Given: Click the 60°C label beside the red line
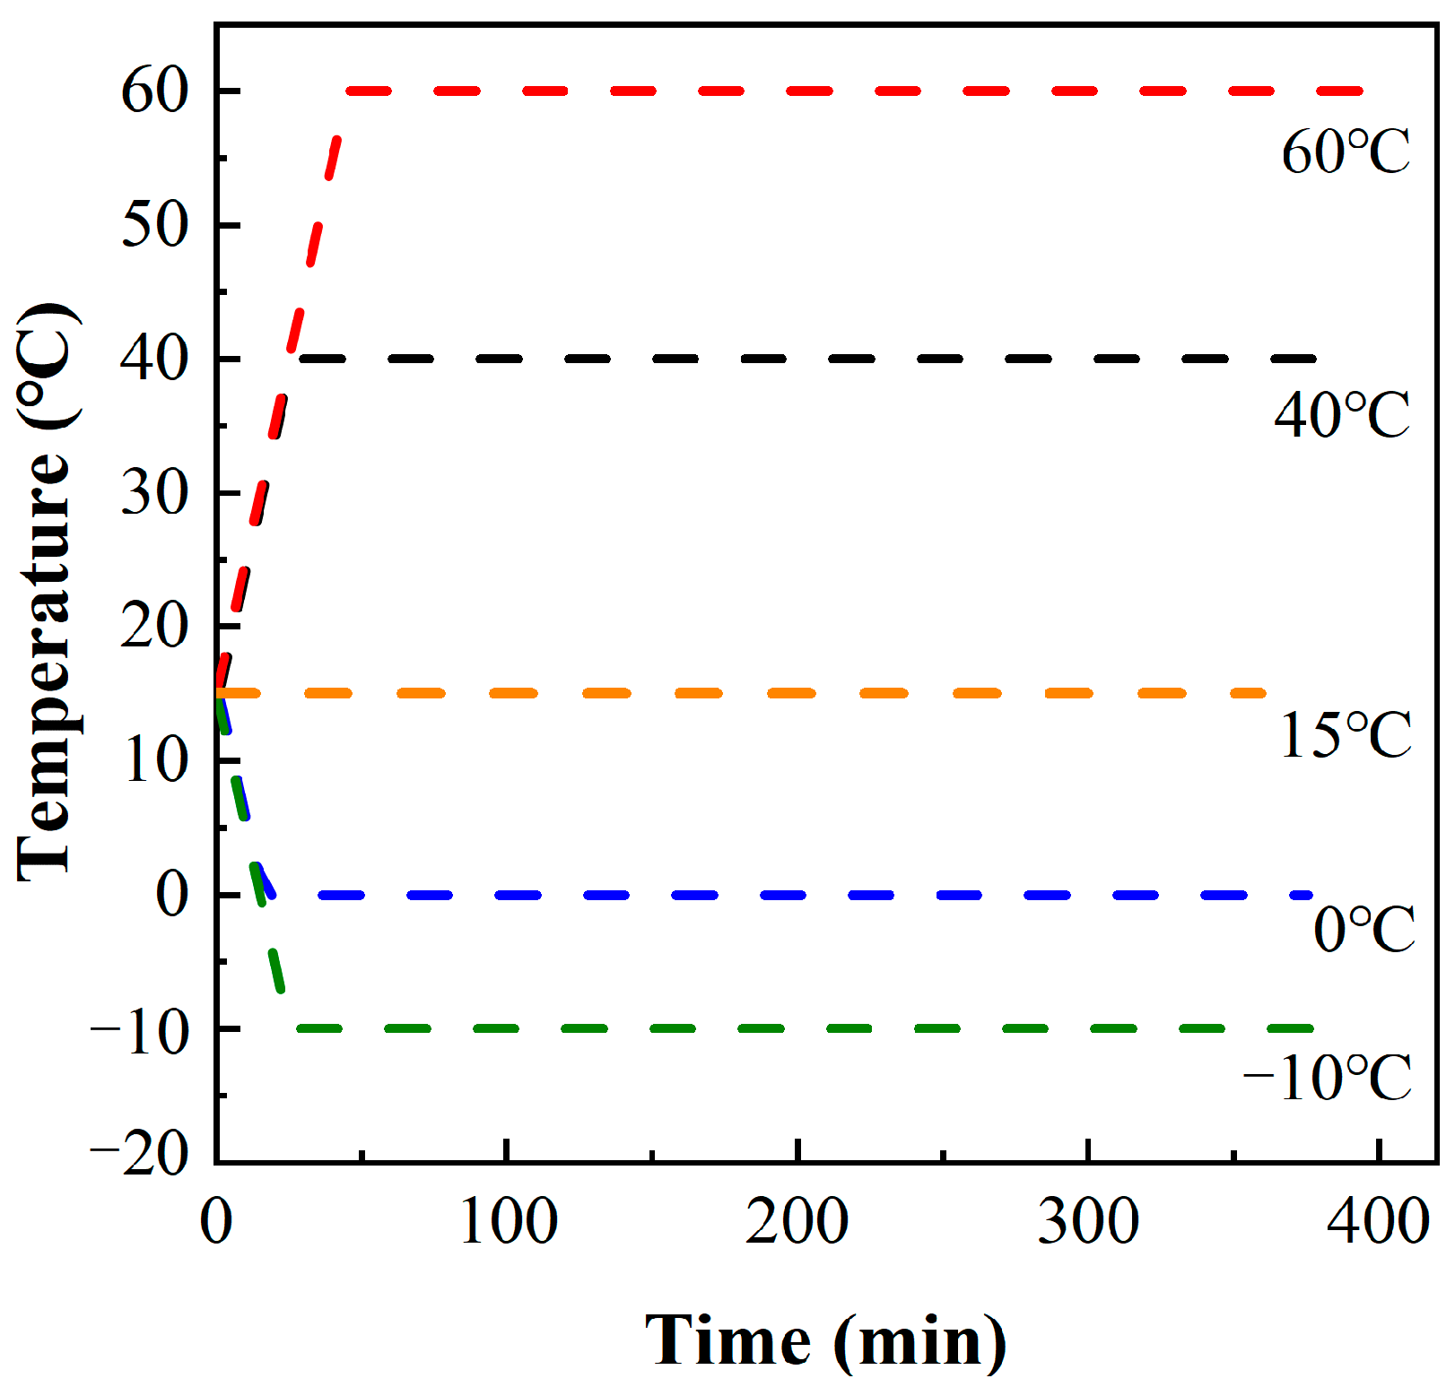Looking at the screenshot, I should click(x=1345, y=152).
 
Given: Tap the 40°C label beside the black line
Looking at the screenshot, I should click(x=1341, y=415).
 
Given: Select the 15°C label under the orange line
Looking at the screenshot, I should click(x=1345, y=736).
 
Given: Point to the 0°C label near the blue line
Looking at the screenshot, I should click(x=1364, y=929).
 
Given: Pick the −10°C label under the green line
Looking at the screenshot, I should click(x=1327, y=1078).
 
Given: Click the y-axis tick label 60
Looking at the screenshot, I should click(x=154, y=91).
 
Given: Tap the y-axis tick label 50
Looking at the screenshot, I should click(x=154, y=224).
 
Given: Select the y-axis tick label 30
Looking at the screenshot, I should click(x=154, y=492).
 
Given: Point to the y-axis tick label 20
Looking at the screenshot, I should click(x=154, y=626).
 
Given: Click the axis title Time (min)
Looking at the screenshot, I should click(x=826, y=1341).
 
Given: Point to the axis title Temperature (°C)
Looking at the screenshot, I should click(x=45, y=592).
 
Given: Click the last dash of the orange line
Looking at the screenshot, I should click(x=1247, y=693).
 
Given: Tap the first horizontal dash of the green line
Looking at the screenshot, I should click(x=319, y=1028).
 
